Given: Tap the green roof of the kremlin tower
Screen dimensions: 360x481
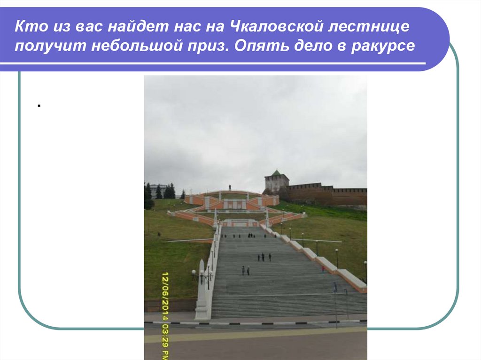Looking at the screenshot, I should (x=276, y=173).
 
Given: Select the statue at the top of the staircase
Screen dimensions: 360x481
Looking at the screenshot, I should (x=230, y=187).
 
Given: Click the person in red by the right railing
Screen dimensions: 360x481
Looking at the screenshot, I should (x=323, y=268).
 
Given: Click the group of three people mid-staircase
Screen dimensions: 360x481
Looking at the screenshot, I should (x=264, y=257).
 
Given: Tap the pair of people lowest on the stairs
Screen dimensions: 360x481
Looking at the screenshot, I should (x=245, y=270).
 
